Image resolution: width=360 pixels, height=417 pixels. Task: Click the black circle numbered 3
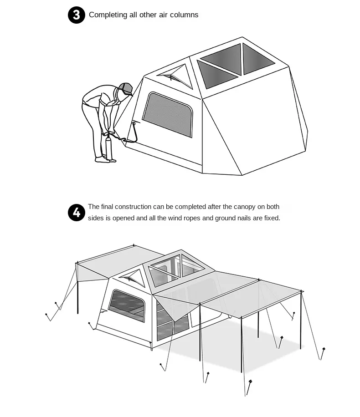coord(77,15)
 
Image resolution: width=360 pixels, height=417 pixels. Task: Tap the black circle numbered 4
coord(77,213)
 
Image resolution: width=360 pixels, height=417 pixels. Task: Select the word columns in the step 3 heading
coord(184,15)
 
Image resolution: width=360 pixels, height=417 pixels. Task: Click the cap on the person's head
coord(126,89)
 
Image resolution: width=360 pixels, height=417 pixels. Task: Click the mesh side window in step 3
coord(168,115)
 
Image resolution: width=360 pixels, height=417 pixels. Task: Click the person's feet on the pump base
coord(105,160)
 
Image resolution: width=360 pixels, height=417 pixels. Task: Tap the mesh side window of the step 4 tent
coord(127,305)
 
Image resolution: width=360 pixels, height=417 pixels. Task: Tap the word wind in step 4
coord(175,218)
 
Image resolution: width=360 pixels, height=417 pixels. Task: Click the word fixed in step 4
coord(272,218)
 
